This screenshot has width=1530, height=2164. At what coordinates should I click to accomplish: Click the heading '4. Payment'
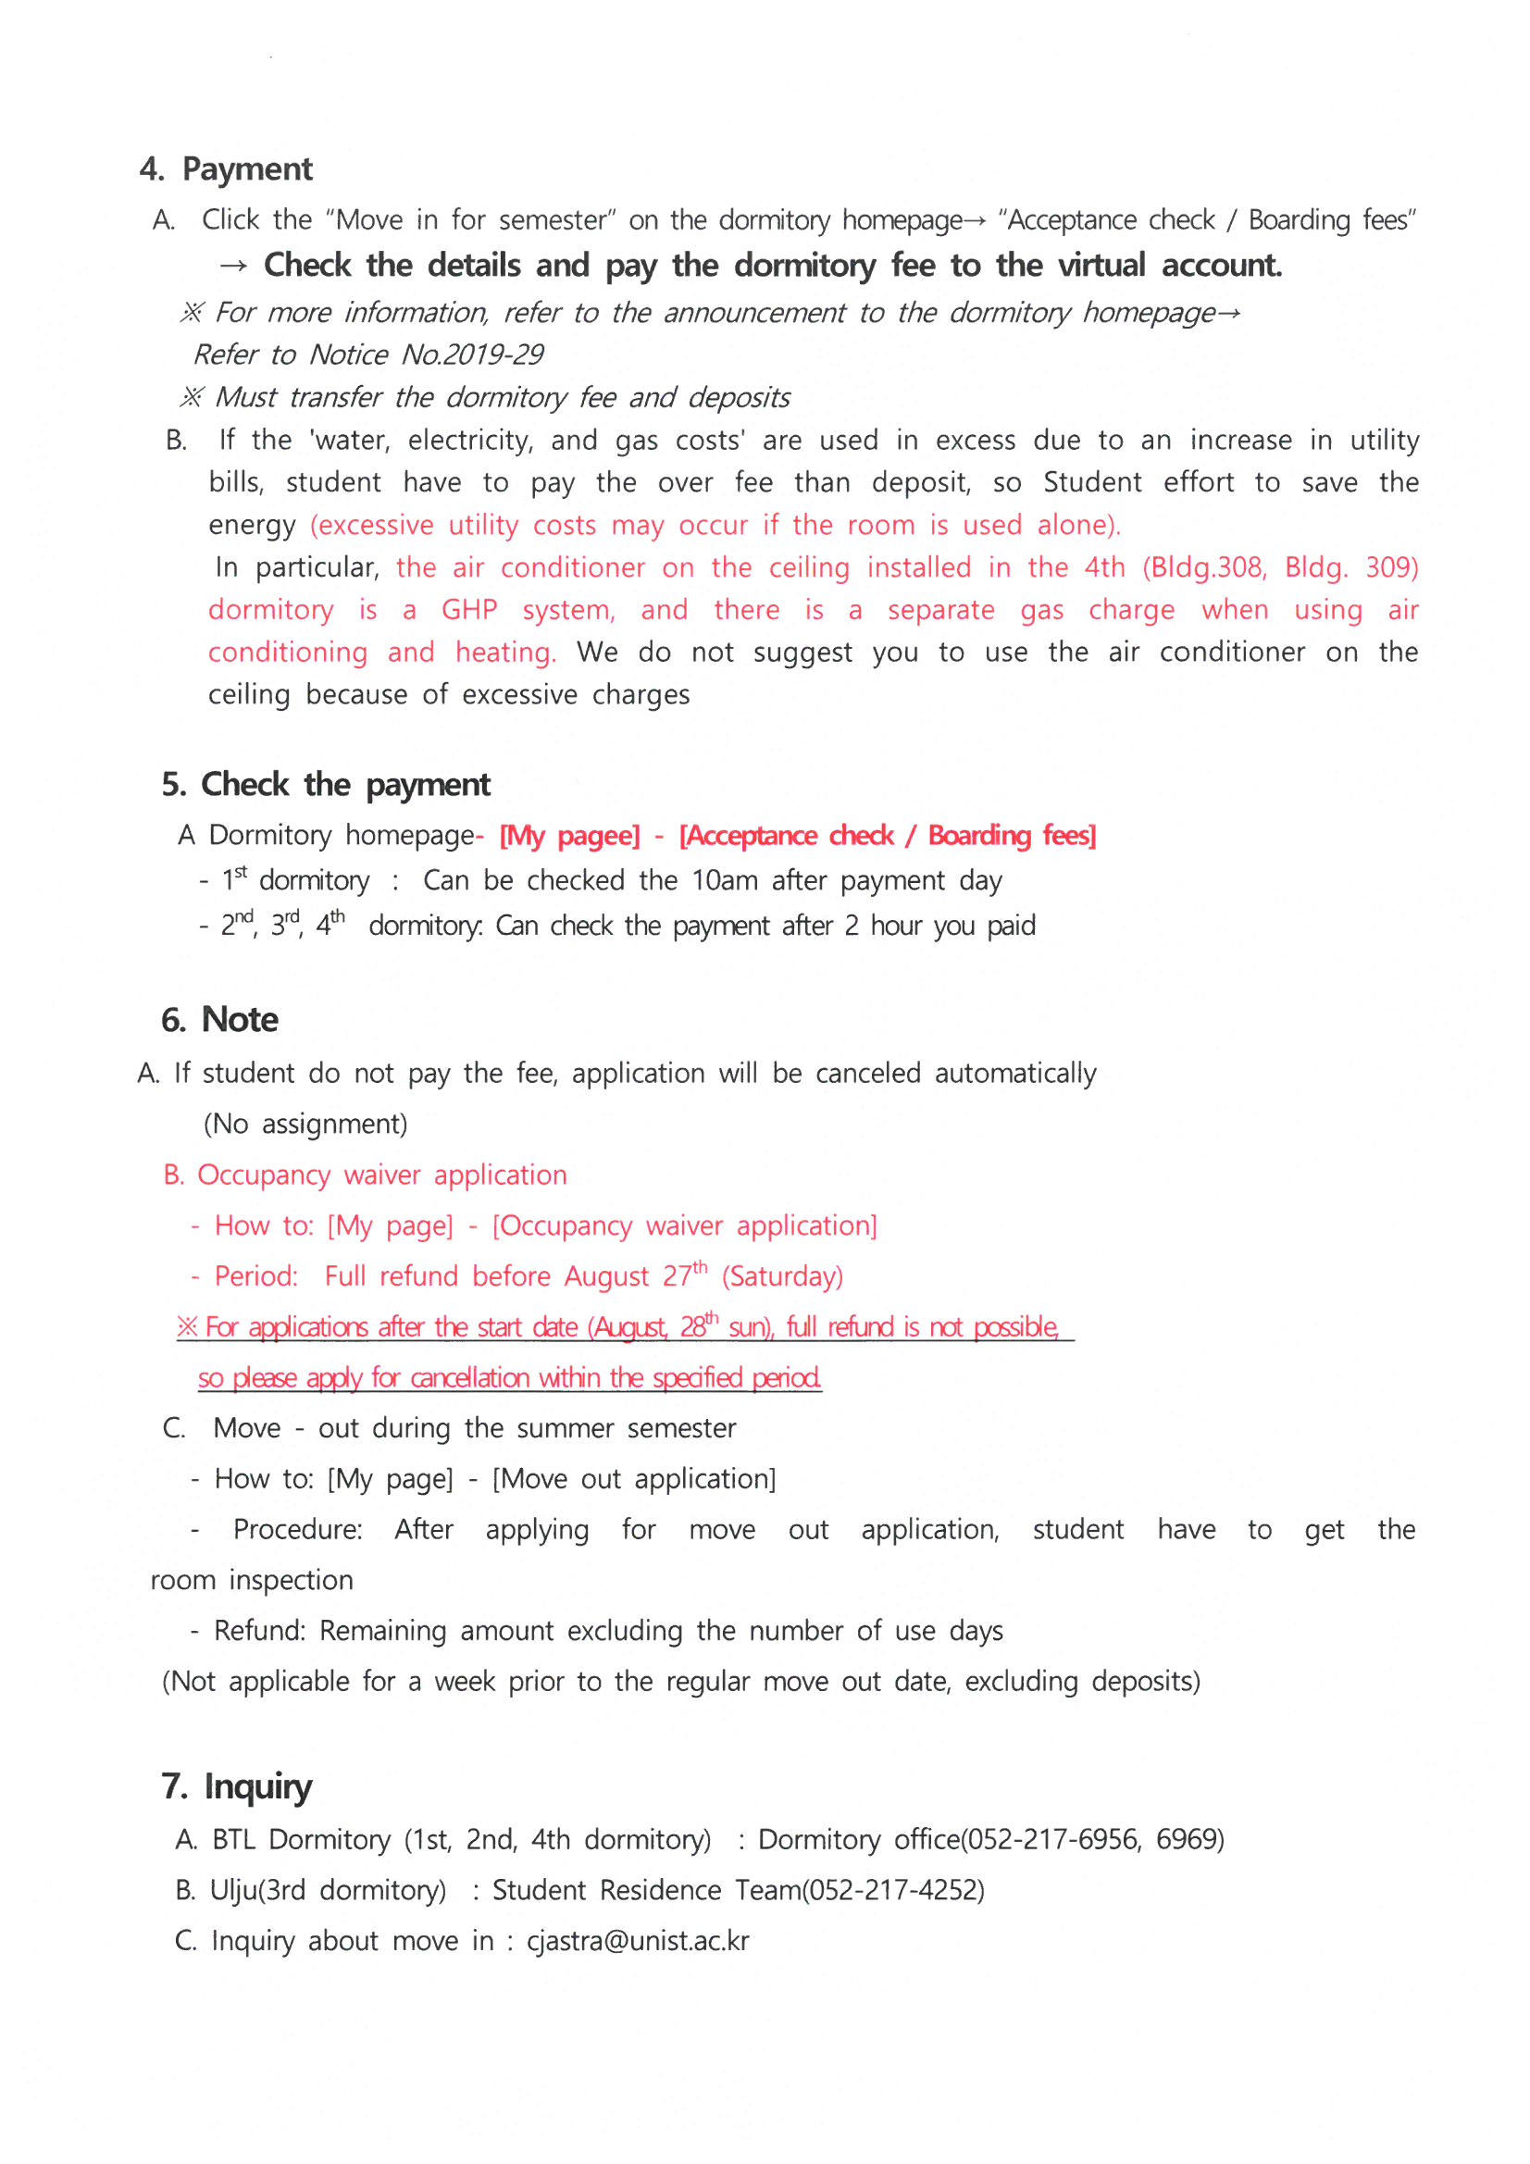coord(225,169)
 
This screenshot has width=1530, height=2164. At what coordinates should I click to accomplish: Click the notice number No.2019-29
coord(472,354)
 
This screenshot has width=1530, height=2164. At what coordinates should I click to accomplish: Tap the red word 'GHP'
coord(468,610)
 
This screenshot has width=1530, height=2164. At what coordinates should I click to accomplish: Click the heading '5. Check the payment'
coord(325,784)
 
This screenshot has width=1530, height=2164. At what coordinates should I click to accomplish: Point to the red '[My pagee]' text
coord(568,835)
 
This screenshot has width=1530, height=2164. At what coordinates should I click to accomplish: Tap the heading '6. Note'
coord(219,1019)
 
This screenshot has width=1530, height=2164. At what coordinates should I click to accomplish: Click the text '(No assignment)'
coord(305,1124)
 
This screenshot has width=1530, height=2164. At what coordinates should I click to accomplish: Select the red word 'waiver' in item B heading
coord(381,1175)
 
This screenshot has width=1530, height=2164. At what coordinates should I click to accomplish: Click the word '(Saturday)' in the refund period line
coord(781,1276)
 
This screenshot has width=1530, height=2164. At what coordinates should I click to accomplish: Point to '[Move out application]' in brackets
coord(633,1479)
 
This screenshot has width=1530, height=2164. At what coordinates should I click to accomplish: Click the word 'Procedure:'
coord(298,1530)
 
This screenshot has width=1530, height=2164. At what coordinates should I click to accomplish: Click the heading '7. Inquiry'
coord(237,1786)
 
